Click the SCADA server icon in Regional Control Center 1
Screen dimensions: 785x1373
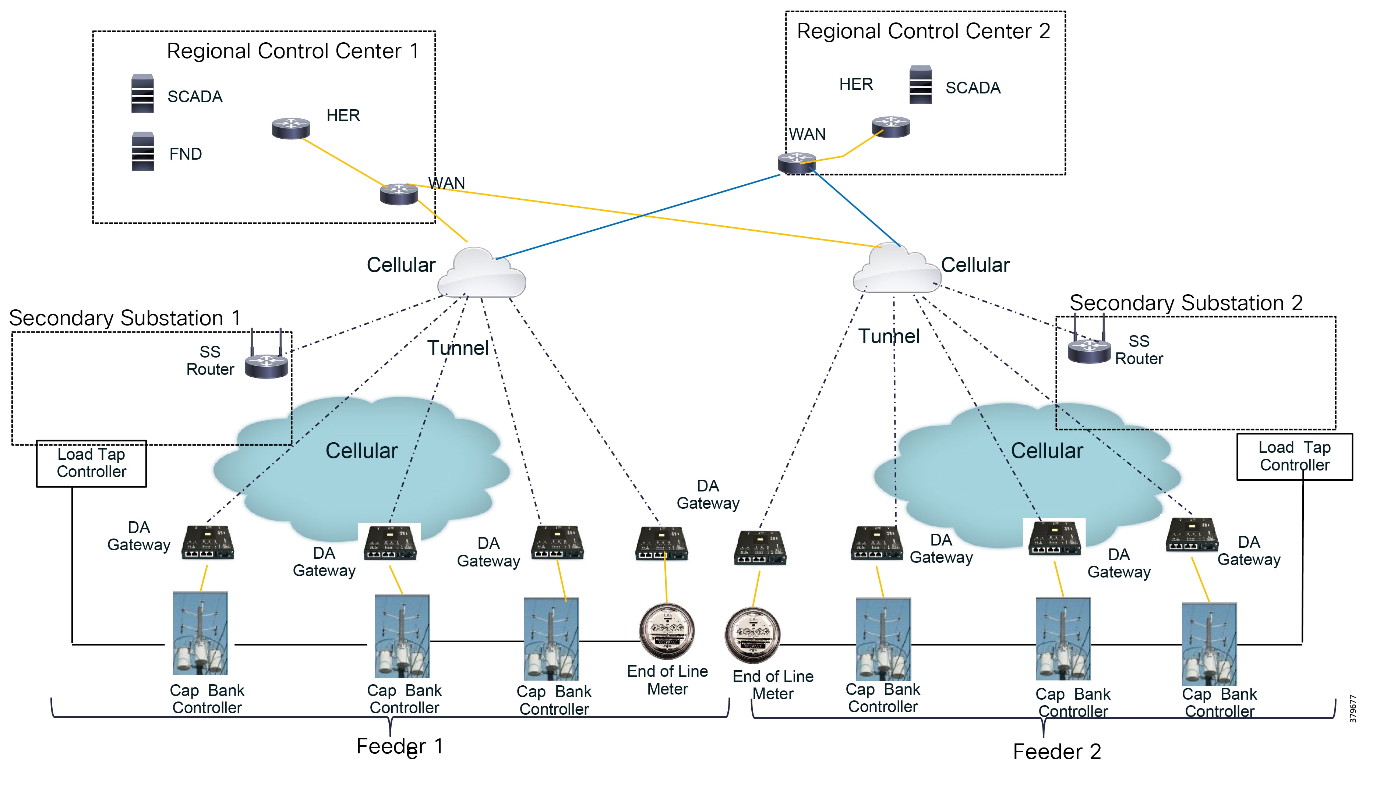click(142, 93)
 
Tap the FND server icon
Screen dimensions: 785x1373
click(143, 152)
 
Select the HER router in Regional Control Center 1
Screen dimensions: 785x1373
click(291, 128)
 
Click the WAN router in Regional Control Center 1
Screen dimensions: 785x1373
click(399, 193)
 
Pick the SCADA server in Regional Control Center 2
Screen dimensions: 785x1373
click(920, 85)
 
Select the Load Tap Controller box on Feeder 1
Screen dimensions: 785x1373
click(91, 463)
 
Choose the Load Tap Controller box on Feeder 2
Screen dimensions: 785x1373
click(1294, 456)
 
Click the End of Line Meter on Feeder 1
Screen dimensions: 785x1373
click(667, 631)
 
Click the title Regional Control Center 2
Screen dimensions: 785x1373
click(923, 31)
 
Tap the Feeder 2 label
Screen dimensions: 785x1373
click(1056, 751)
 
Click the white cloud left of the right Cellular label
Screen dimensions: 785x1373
click(897, 270)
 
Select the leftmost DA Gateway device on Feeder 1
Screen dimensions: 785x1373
click(208, 542)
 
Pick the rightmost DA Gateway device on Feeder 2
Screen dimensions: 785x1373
click(1192, 535)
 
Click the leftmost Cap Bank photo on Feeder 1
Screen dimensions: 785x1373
click(200, 633)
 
